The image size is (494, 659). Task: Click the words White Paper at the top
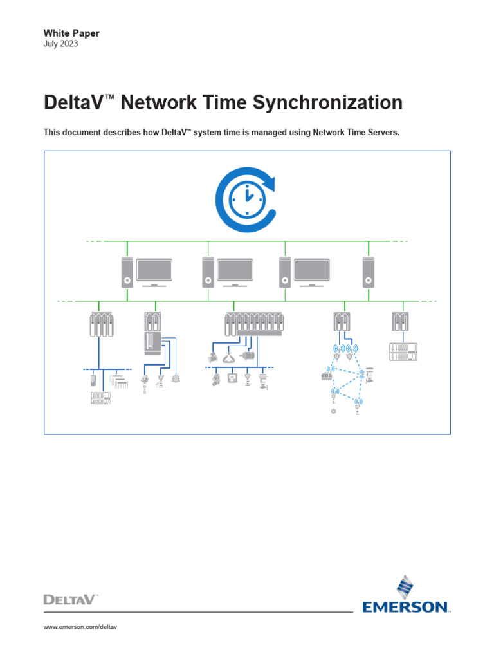coord(71,33)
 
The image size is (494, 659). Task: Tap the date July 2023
coord(60,44)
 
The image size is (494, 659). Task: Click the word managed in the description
coord(255,133)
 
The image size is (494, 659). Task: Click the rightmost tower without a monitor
coord(369,271)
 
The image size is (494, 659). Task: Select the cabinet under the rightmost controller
coord(403,351)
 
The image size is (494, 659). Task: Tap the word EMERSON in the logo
coord(405,606)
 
